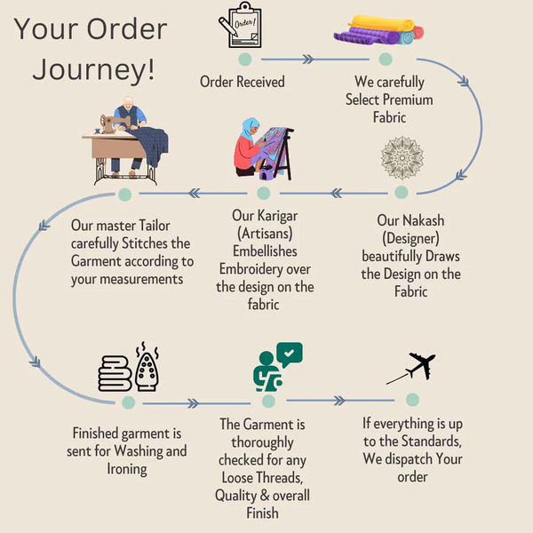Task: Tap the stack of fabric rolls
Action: [x=386, y=29]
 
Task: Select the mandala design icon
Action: [x=402, y=158]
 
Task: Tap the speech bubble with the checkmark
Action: [x=288, y=356]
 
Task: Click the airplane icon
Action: [x=412, y=368]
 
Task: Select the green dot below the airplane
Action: [x=412, y=400]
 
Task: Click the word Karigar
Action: [x=277, y=216]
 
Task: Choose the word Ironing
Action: [x=127, y=468]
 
